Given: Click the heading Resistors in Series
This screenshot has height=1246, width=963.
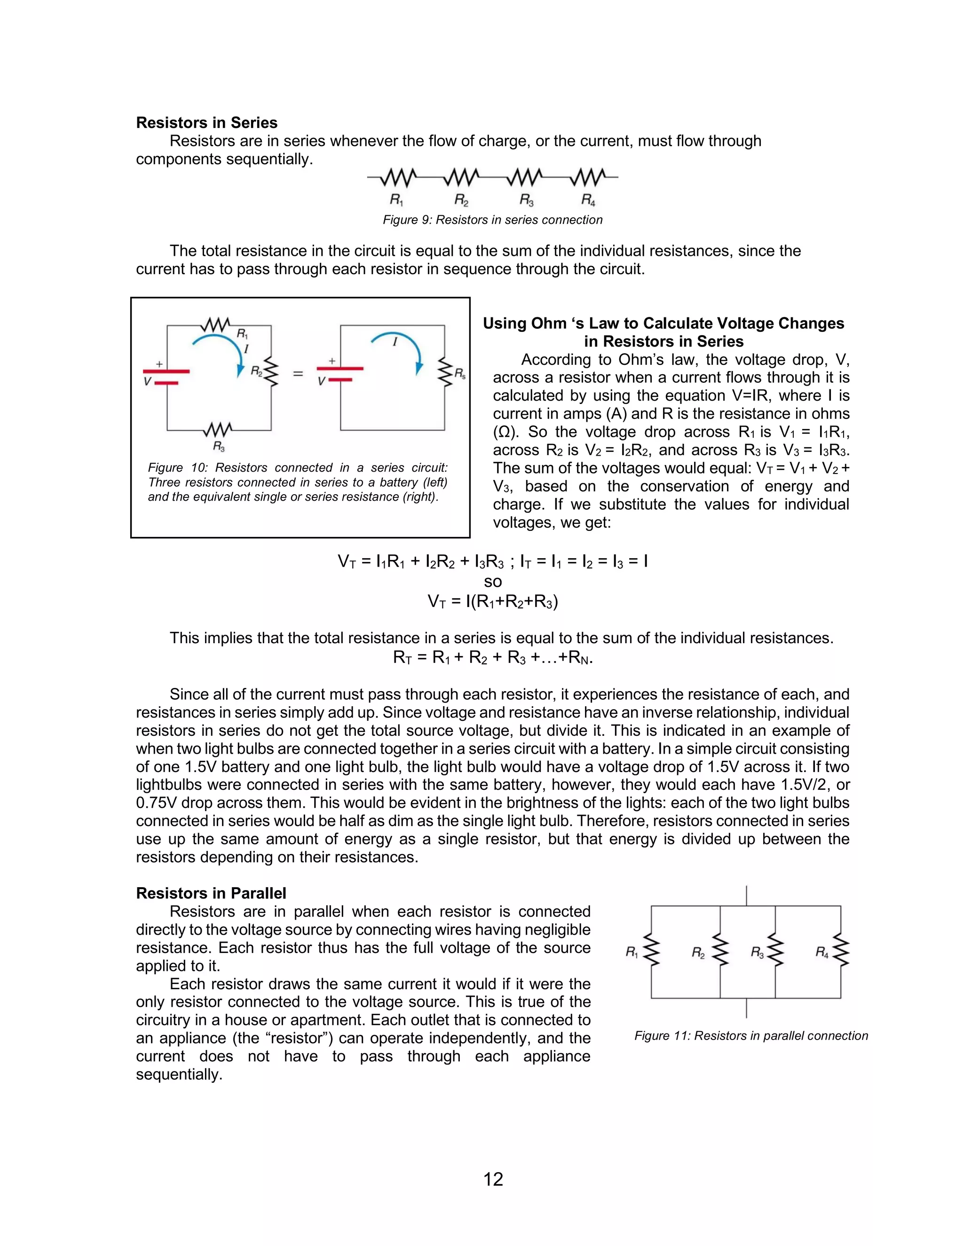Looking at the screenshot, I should [x=206, y=123].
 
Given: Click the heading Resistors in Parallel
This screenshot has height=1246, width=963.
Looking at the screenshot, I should [x=211, y=893].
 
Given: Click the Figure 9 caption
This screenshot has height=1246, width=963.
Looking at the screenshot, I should [x=492, y=220].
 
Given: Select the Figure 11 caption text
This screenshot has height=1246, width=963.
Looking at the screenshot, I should [x=751, y=1035].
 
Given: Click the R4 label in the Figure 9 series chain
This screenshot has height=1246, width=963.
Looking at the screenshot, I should [x=588, y=200].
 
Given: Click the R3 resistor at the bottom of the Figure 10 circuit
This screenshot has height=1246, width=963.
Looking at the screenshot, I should [x=219, y=429].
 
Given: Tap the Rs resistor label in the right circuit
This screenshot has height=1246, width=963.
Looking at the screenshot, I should [x=460, y=374].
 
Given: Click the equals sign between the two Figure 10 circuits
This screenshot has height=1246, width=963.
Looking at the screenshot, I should [x=298, y=374].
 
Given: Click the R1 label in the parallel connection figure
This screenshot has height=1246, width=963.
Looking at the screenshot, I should [x=631, y=952].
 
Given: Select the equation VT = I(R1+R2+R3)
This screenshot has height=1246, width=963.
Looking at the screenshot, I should [x=492, y=601].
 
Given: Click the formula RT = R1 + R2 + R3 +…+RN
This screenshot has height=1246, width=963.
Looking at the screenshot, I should [x=492, y=658].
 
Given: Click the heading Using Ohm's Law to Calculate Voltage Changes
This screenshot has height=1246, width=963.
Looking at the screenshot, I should [x=663, y=323].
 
